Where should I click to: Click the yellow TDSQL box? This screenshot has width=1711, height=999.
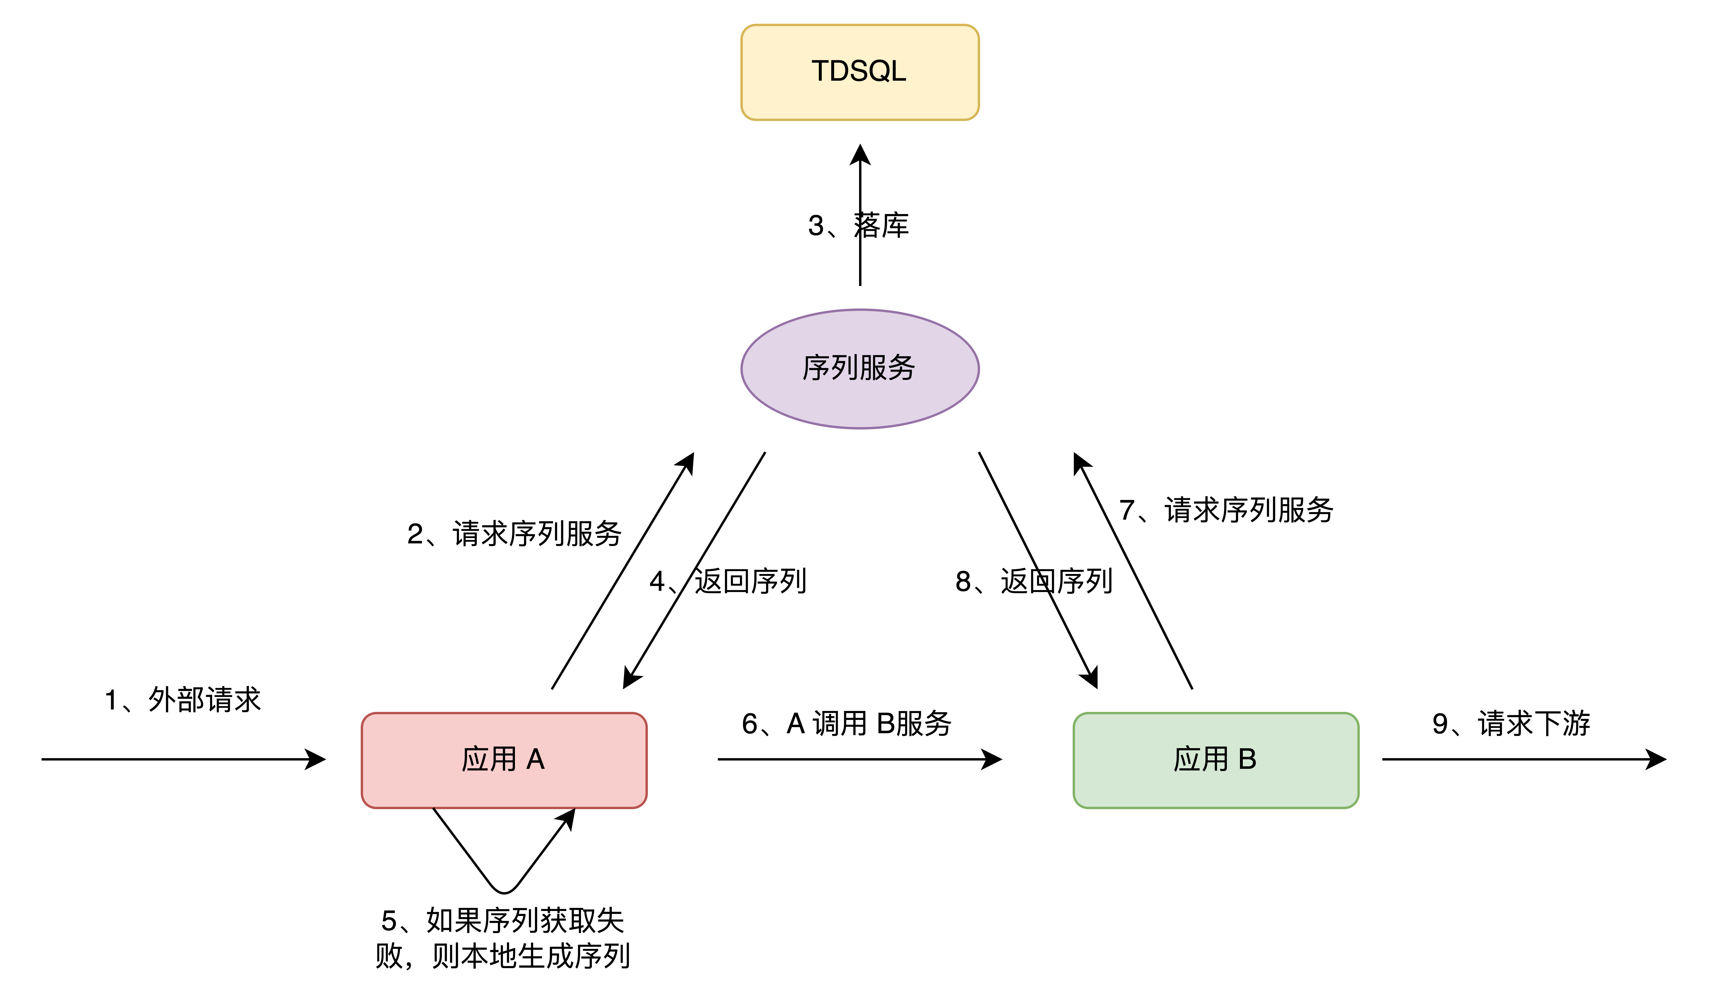pos(860,73)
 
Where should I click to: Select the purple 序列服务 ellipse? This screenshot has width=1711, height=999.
pos(860,369)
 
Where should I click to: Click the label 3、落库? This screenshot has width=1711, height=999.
pos(858,225)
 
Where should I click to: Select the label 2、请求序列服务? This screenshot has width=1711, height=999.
pos(514,534)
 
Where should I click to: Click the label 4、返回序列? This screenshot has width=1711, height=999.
pos(728,581)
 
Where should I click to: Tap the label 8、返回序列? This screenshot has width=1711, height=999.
pos(1033,581)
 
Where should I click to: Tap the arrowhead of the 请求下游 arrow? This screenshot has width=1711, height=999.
pos(1657,759)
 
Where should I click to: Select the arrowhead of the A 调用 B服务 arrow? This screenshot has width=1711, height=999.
pos(993,759)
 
